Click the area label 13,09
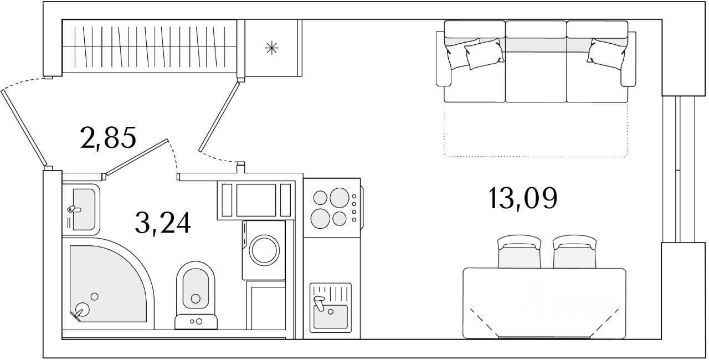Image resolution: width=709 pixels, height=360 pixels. [522, 198]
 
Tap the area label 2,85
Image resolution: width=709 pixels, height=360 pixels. [108, 138]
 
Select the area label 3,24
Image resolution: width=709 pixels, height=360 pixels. [162, 223]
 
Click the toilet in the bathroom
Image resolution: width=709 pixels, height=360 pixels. [195, 291]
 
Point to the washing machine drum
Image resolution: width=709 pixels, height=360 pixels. [264, 250]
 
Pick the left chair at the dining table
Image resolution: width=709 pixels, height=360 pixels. [518, 252]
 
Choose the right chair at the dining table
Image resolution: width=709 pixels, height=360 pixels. [574, 252]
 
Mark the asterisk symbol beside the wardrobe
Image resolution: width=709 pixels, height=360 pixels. [271, 48]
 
